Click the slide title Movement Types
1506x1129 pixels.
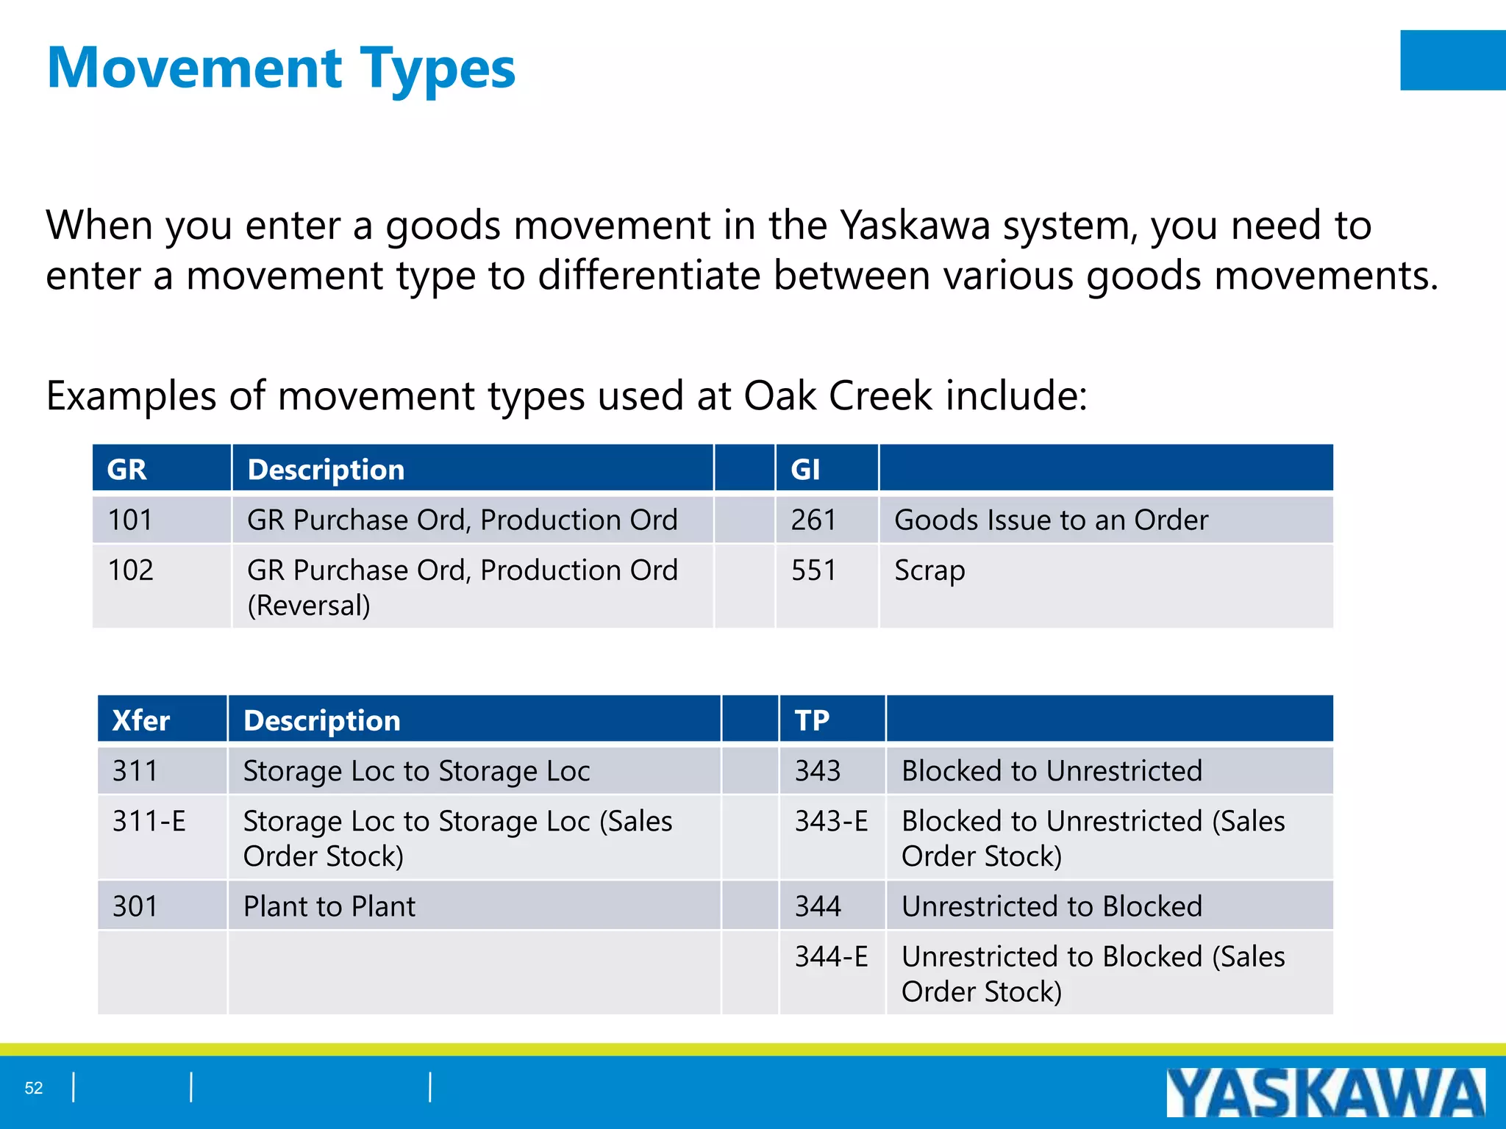[x=281, y=68]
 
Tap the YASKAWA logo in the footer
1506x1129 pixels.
[x=1325, y=1093]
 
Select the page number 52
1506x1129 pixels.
[x=34, y=1088]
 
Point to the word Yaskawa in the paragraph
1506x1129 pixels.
[x=915, y=225]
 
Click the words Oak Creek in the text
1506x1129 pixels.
[x=838, y=396]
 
